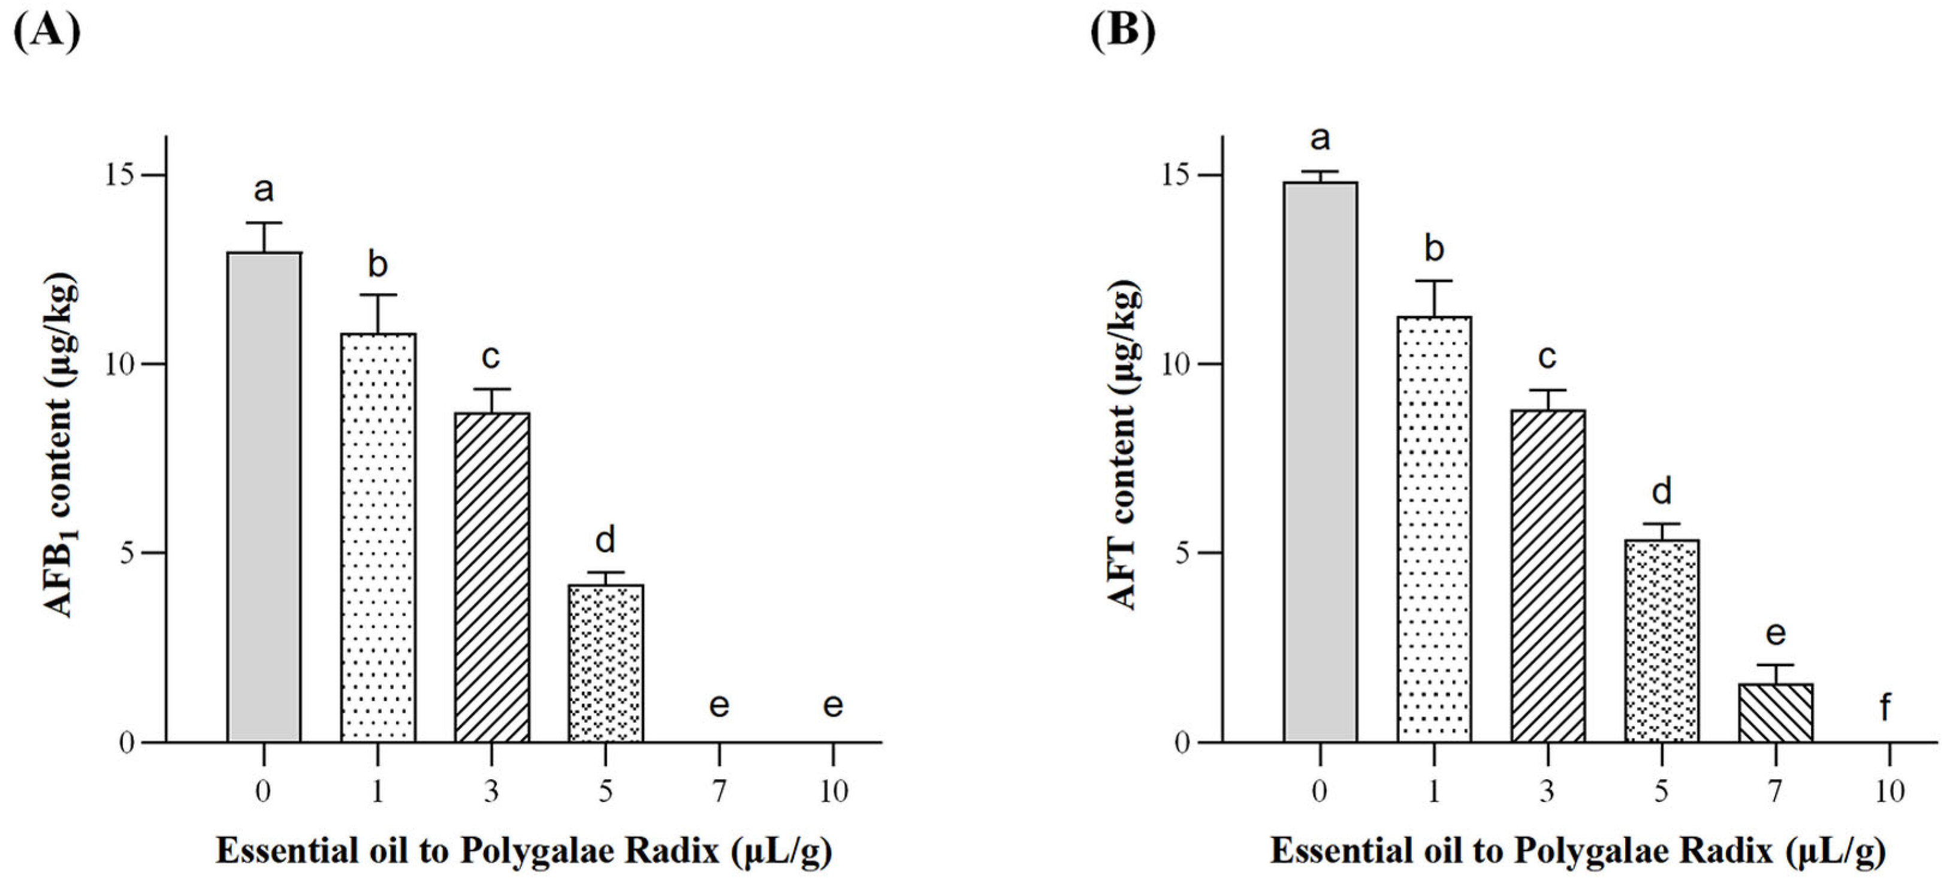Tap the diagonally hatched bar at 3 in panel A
(x=491, y=577)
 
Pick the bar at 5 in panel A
(x=605, y=663)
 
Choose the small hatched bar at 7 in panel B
(x=1776, y=713)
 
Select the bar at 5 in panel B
(x=1662, y=641)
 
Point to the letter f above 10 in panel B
(x=1885, y=707)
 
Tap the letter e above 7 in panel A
(x=719, y=706)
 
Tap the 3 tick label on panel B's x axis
(x=1547, y=792)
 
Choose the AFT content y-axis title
(x=1124, y=447)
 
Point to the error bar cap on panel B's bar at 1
(x=1433, y=281)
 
